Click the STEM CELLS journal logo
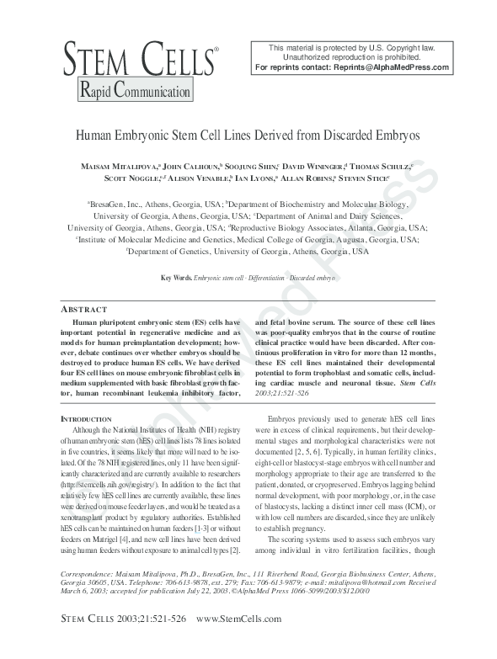click(139, 60)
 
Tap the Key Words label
click(175, 277)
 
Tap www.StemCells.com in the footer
click(238, 642)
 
